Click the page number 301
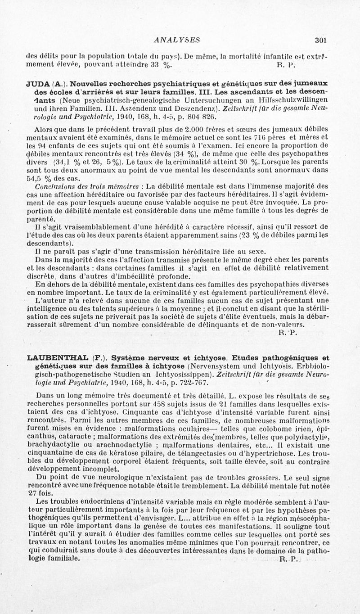click(320, 40)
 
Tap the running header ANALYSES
click(176, 40)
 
